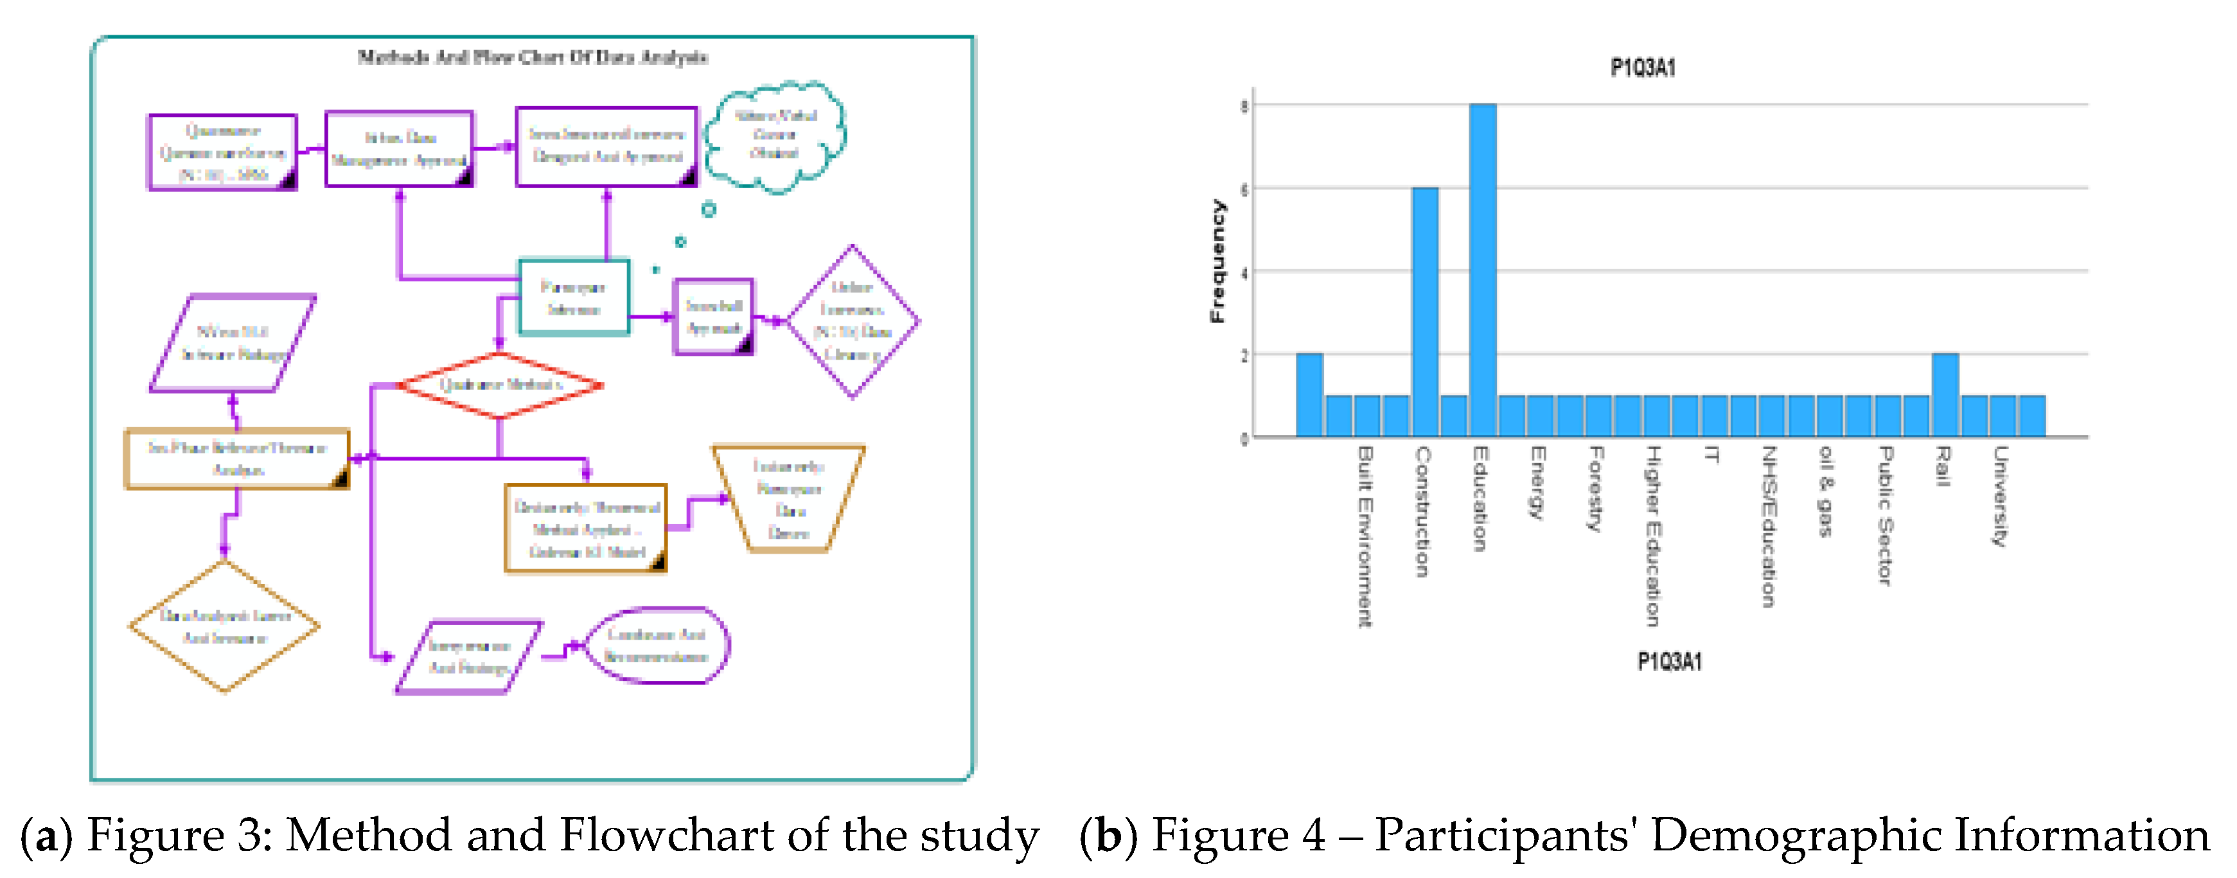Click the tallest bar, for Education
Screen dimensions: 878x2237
coord(1482,269)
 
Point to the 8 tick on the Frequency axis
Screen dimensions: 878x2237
coord(1244,106)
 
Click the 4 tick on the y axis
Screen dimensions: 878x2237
coord(1244,273)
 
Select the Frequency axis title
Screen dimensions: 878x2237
coord(1217,261)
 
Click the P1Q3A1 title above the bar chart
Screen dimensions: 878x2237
coord(1642,67)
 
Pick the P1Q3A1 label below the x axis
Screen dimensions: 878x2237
coord(1669,662)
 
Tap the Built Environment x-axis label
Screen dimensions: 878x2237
coord(1365,536)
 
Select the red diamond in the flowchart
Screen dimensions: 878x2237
coord(499,385)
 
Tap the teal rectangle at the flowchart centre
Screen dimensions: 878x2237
coord(573,297)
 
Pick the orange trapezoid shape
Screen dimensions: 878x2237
coord(788,499)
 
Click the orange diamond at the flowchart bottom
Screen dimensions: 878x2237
coord(225,626)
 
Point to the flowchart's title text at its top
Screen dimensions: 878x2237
coord(533,57)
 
